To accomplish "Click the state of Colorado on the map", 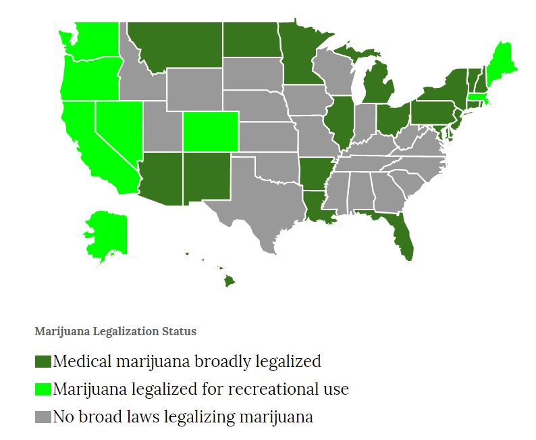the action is (210, 131).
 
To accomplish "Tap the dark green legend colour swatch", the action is (43, 362).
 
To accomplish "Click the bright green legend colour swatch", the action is (43, 389).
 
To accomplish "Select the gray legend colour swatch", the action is (43, 417).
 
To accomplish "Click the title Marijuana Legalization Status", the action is (115, 332).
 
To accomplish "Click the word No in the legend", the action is (63, 417).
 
